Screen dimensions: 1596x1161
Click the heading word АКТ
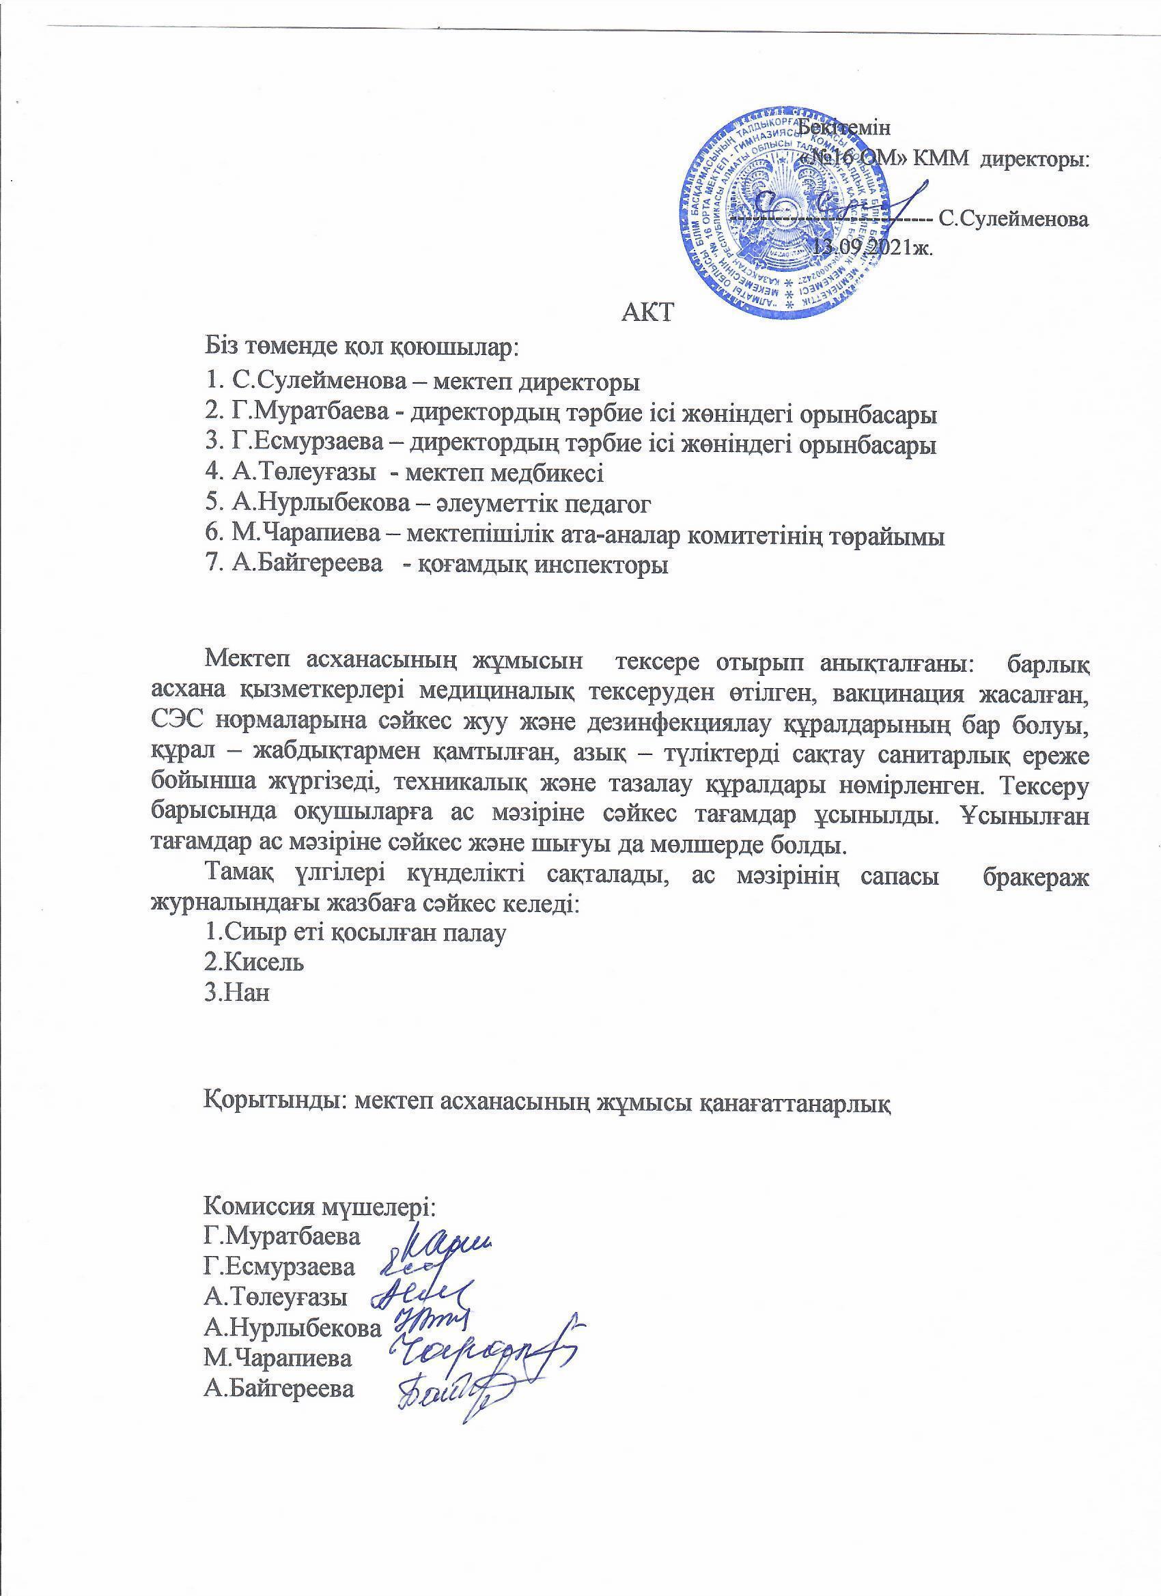[x=648, y=311]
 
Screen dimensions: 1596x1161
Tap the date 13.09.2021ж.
[x=873, y=247]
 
